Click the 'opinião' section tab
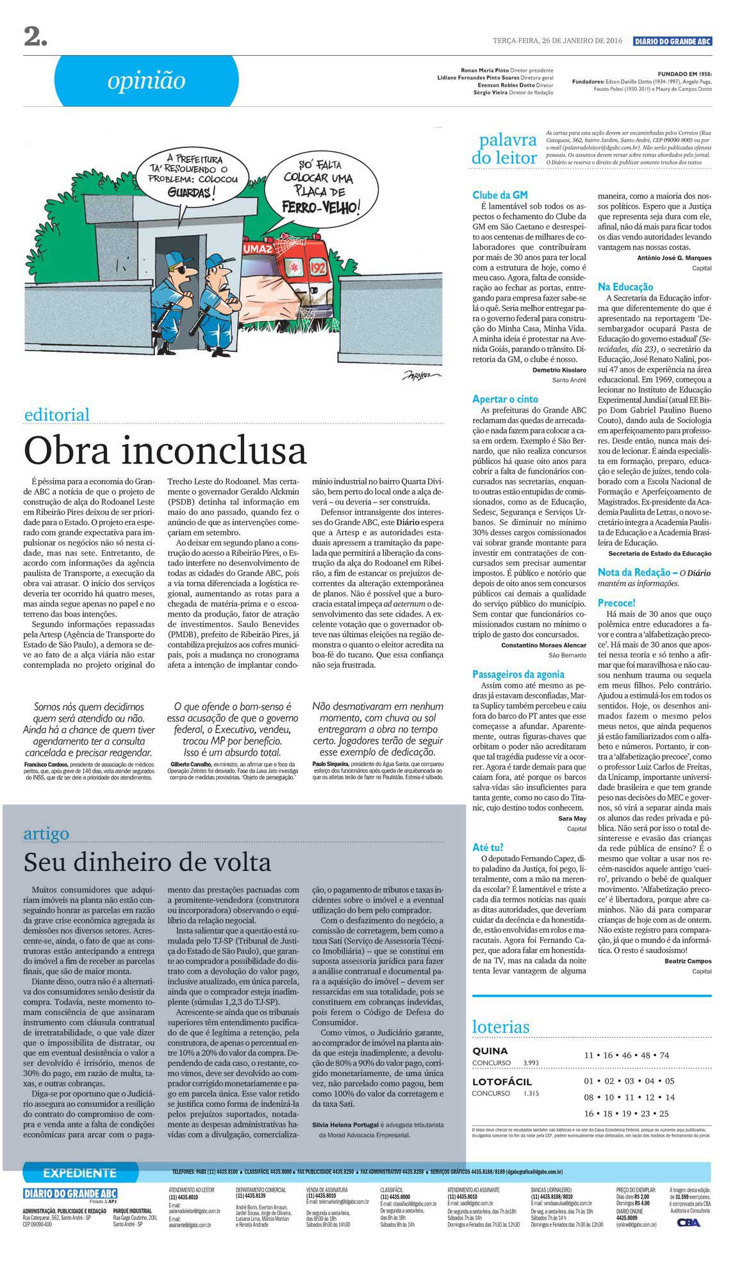coord(146,81)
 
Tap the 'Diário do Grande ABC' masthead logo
coord(672,41)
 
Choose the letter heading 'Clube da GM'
coord(500,195)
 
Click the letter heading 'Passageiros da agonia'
coord(518,674)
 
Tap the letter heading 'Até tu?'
coord(488,847)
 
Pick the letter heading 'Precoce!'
coord(616,603)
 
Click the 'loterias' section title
coord(501,1027)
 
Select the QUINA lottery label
coord(490,1051)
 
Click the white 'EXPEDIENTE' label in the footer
coord(79,1173)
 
